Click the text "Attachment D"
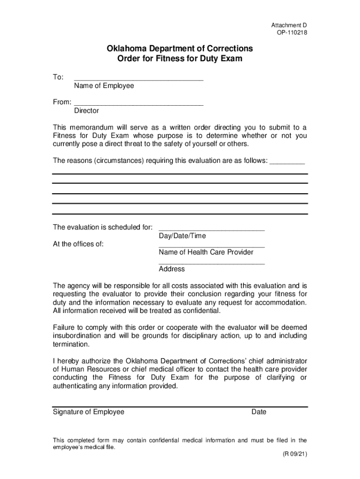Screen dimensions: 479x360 click(289, 25)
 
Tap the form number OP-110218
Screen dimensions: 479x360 click(291, 33)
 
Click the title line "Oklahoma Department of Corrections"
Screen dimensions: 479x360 click(180, 49)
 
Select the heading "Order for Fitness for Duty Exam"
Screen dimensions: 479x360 click(180, 59)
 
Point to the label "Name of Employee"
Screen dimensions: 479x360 click(104, 86)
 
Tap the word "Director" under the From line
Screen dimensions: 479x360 click(86, 111)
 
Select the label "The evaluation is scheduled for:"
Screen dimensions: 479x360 click(103, 227)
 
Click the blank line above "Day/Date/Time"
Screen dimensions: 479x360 click(212, 229)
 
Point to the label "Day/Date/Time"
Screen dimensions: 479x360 click(182, 236)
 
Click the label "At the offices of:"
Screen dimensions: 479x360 click(79, 244)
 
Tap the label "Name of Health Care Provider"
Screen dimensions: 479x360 click(206, 253)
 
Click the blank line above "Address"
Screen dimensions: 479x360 click(212, 262)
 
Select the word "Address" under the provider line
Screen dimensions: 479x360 click(172, 269)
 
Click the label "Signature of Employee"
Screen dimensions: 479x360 click(88, 412)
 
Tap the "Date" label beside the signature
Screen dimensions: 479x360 click(259, 412)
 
